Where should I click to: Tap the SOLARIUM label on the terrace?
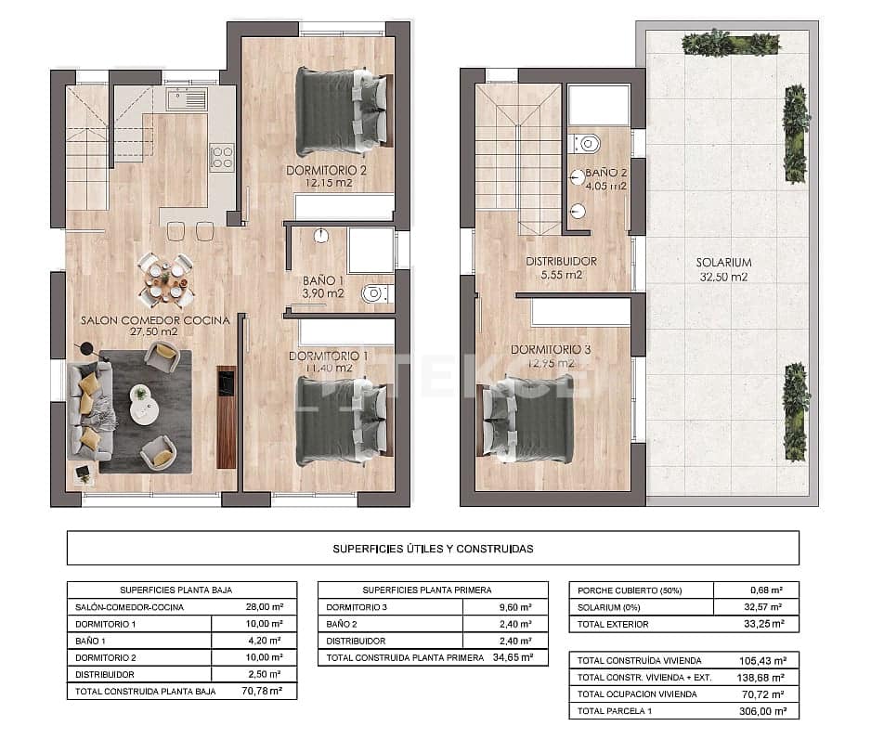click(x=723, y=263)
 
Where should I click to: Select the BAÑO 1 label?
click(x=322, y=280)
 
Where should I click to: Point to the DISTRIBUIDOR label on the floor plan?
click(x=560, y=262)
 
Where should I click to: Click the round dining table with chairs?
click(x=165, y=278)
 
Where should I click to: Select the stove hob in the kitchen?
click(x=221, y=157)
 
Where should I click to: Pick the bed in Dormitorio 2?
click(x=341, y=111)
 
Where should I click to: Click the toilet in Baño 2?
click(x=588, y=143)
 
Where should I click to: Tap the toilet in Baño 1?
click(x=374, y=293)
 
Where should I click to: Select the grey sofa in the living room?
click(x=88, y=410)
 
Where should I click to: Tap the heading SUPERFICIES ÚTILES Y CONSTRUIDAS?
click(x=433, y=549)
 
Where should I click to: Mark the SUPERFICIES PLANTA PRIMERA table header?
click(x=427, y=590)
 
